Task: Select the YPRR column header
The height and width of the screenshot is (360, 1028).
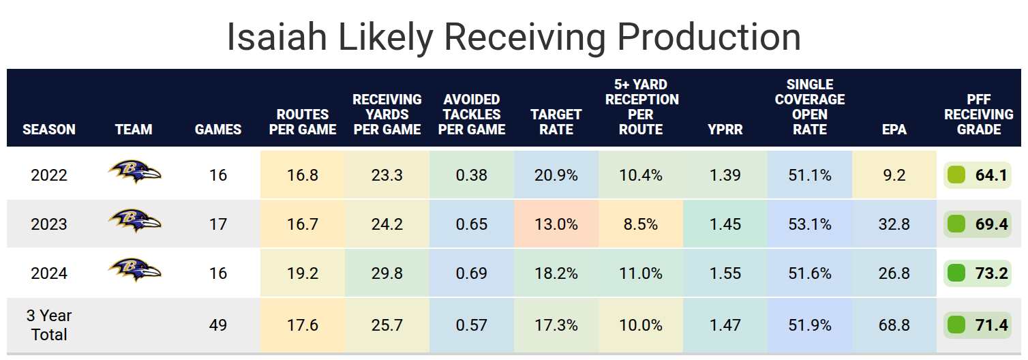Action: [x=725, y=129]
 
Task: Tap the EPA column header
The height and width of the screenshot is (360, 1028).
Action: [x=894, y=129]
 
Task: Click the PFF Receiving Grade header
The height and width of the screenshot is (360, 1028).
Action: [x=979, y=114]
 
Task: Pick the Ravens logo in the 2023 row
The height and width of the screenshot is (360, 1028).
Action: [x=134, y=222]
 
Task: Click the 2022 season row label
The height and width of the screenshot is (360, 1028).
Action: [x=49, y=175]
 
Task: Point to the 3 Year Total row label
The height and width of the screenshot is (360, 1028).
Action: [x=49, y=325]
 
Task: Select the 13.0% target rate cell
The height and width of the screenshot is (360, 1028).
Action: [x=556, y=224]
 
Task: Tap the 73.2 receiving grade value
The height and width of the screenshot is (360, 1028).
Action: [x=991, y=273]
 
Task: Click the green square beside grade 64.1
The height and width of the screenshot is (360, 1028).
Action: [x=957, y=175]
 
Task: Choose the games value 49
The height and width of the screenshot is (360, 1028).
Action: [x=218, y=325]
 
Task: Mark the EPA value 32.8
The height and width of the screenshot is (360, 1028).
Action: [x=894, y=224]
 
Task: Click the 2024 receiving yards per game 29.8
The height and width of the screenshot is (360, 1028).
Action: [x=387, y=273]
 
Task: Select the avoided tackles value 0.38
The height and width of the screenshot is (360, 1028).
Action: [x=472, y=175]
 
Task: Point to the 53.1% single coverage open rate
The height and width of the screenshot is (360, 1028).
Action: [x=809, y=224]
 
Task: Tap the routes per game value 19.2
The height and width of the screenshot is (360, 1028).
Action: [x=303, y=273]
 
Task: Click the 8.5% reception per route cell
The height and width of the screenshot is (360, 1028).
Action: [x=640, y=224]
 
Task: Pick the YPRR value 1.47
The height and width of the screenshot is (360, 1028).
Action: [x=725, y=325]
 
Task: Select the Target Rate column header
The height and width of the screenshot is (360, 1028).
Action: [x=556, y=121]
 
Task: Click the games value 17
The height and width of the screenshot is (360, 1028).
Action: [x=218, y=224]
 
